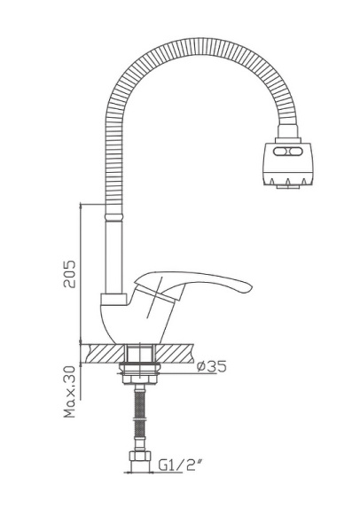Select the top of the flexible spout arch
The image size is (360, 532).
(x=195, y=47)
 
